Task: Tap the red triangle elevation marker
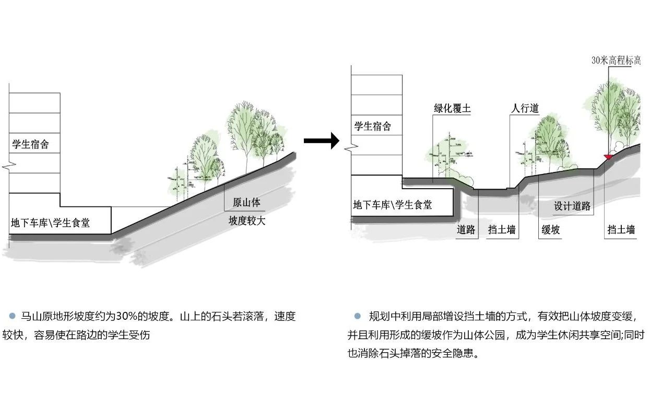point(607,156)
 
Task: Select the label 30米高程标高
point(616,60)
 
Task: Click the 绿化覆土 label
point(452,109)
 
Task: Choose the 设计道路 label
point(572,206)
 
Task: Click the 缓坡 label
point(551,229)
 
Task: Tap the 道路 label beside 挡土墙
point(466,229)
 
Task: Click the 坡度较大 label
point(247,221)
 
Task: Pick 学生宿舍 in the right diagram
point(372,126)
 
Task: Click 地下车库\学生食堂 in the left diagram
point(50,223)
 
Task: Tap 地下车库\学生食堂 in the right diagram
point(393,205)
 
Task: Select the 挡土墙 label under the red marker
point(621,229)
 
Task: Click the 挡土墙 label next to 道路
point(502,229)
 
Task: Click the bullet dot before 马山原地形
point(12,316)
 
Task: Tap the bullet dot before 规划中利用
point(357,316)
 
